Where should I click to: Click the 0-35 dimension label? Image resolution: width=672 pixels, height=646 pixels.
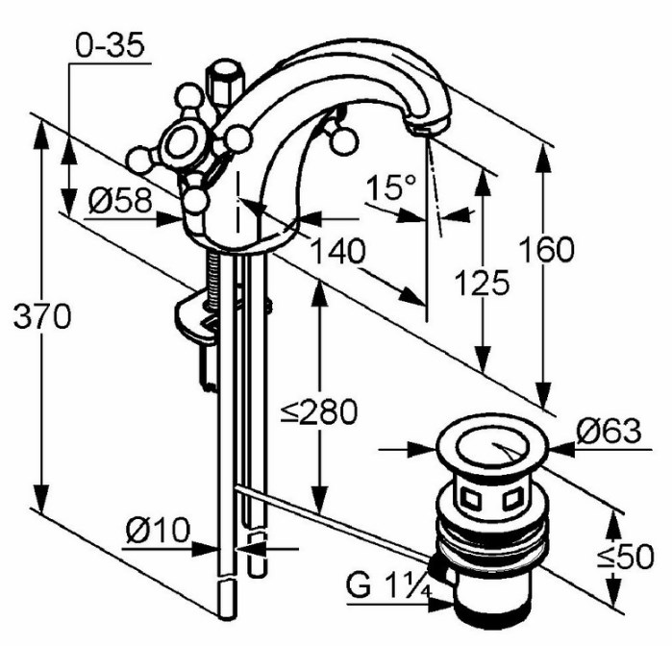[x=110, y=45]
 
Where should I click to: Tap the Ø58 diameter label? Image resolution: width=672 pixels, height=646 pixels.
[x=120, y=200]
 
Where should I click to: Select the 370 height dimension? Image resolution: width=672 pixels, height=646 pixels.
[x=42, y=317]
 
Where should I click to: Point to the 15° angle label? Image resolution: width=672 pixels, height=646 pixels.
[x=391, y=186]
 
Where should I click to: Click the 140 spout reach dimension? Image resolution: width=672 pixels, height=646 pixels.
[x=337, y=251]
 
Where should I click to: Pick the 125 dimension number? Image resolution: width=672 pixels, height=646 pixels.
[x=482, y=283]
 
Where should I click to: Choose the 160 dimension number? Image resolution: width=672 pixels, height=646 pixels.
[x=546, y=249]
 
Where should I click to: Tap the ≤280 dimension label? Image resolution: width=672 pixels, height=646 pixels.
[x=319, y=411]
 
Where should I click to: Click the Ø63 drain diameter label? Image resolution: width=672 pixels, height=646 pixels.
[x=609, y=431]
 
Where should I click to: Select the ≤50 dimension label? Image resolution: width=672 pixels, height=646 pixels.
[x=626, y=557]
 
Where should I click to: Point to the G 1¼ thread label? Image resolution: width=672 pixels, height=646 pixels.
[x=388, y=585]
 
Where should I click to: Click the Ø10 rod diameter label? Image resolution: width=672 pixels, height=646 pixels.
[x=158, y=530]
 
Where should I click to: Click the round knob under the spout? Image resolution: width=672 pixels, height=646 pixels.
[x=343, y=140]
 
